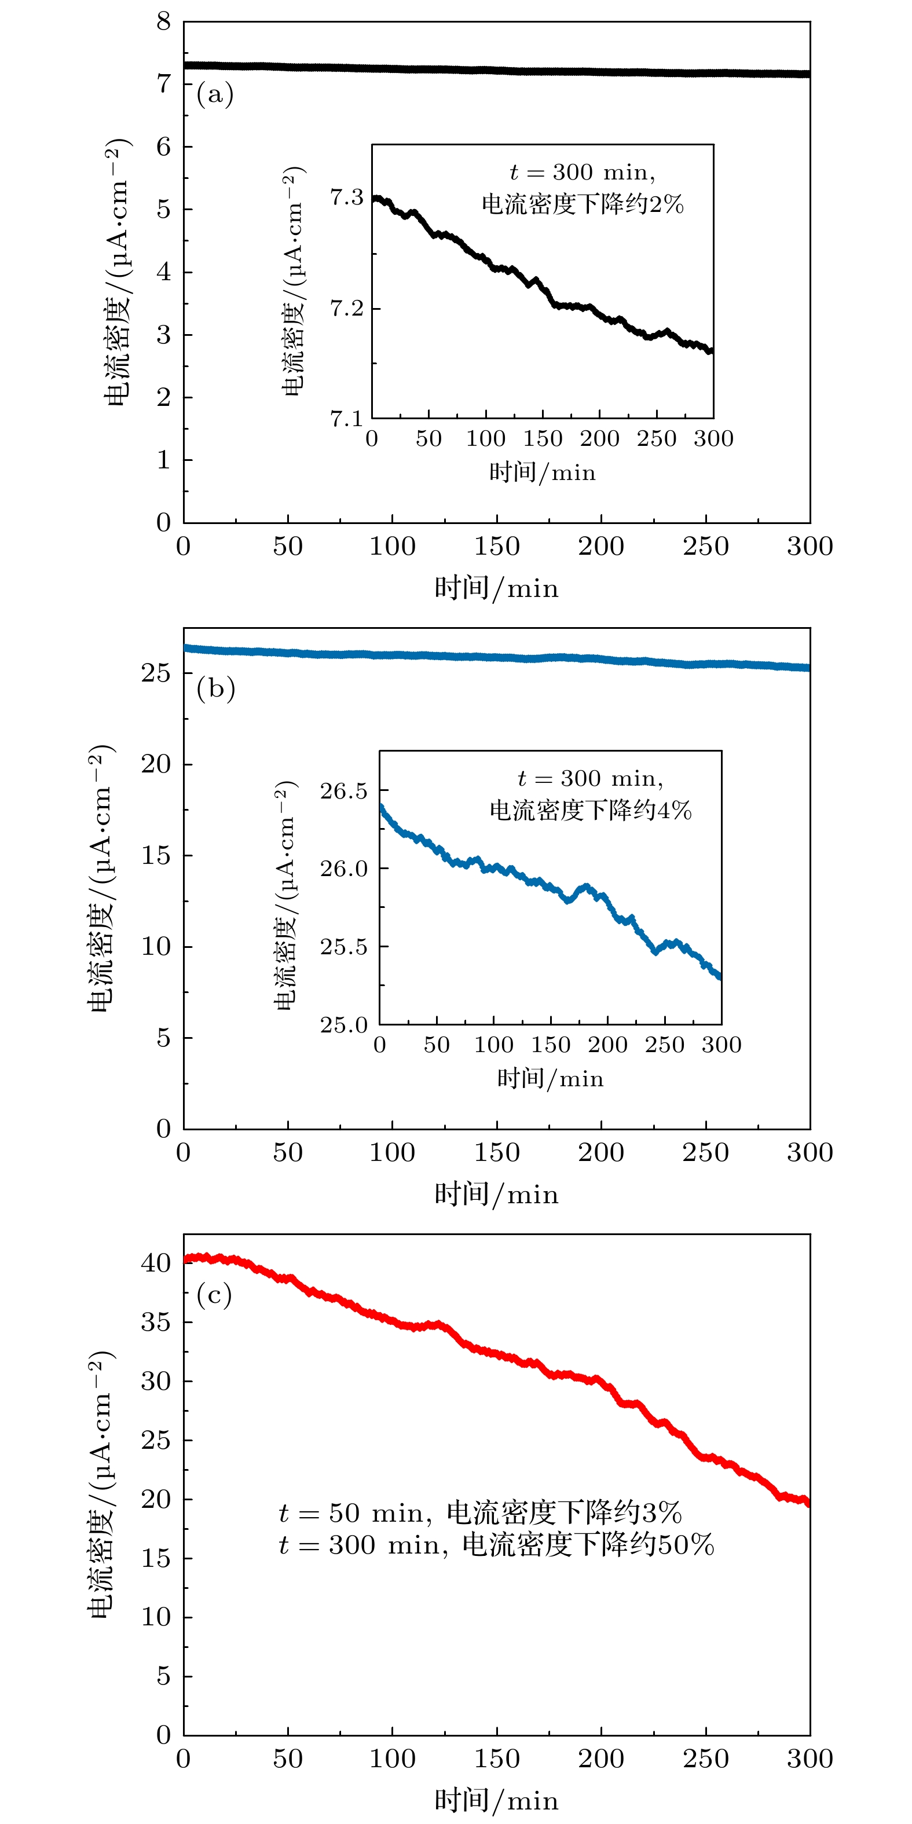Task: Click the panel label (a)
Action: click(x=215, y=94)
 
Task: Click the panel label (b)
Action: click(x=215, y=688)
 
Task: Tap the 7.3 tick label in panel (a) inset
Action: click(x=346, y=197)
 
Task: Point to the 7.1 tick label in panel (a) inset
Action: click(x=346, y=419)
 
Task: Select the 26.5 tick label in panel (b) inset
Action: click(x=343, y=791)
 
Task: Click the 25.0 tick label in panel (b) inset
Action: click(x=343, y=1024)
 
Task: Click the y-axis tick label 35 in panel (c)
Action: click(x=156, y=1321)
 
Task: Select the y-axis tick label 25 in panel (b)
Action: click(x=156, y=673)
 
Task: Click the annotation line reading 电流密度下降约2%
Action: click(x=582, y=204)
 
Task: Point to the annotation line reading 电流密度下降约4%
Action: click(x=590, y=810)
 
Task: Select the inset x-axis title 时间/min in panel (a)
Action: click(x=543, y=473)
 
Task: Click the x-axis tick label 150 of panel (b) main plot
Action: click(x=496, y=1153)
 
